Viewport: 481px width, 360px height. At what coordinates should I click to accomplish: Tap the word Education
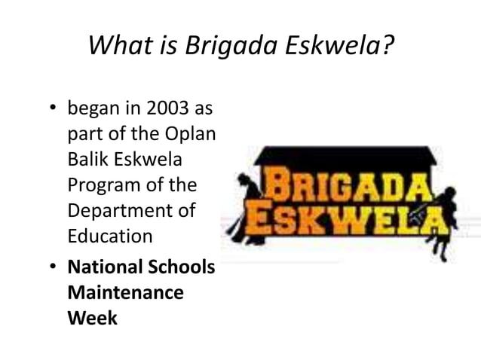pos(109,236)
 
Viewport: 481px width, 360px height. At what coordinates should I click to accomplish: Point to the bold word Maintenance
pos(125,292)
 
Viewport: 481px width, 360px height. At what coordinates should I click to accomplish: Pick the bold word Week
pos(92,317)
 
